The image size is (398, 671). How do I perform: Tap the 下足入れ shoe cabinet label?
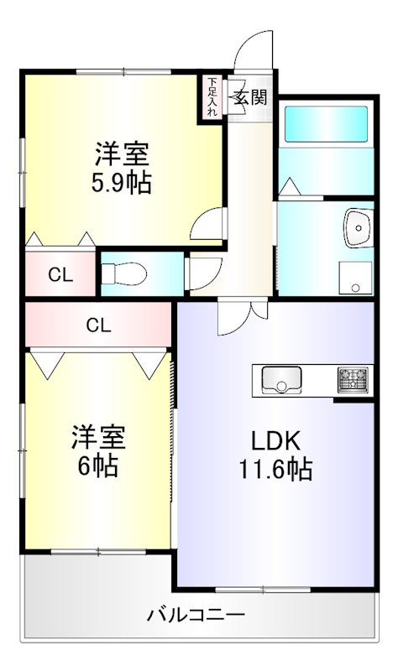[x=212, y=96]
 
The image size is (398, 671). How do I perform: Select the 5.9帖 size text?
[x=122, y=183]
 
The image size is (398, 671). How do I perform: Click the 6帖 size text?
[x=98, y=464]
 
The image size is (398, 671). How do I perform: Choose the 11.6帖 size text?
[x=276, y=469]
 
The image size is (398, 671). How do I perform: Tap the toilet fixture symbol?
[x=123, y=273]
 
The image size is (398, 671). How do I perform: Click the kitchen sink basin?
[x=281, y=381]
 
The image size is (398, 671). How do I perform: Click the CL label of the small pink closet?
[x=59, y=273]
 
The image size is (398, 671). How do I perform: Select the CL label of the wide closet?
[x=98, y=325]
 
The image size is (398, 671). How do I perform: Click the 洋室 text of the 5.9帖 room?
[x=122, y=154]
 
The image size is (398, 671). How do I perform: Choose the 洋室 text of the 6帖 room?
[x=98, y=436]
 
